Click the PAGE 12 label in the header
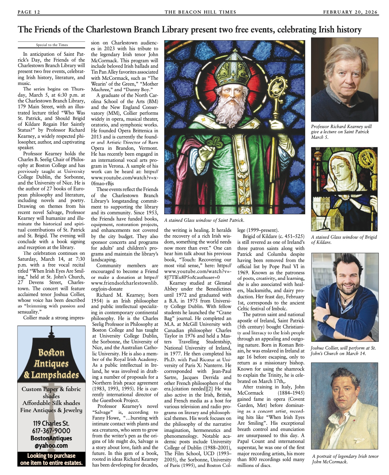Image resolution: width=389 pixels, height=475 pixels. point(29,12)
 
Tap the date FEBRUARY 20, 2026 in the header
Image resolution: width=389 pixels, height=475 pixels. point(350,12)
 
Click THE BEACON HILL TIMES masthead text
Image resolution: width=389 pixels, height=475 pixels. point(200,12)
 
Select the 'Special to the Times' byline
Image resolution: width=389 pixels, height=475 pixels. point(52,45)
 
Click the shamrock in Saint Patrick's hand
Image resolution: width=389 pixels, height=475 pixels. point(211,142)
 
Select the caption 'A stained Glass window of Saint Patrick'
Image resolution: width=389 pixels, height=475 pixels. point(204,220)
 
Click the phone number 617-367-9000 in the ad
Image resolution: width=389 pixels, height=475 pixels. point(51,431)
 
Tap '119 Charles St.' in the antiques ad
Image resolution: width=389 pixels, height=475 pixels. point(51,423)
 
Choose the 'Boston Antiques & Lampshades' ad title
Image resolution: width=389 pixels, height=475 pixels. point(51,364)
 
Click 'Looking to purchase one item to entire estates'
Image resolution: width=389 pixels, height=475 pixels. point(51,459)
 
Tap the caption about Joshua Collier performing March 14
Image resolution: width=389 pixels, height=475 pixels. point(343,350)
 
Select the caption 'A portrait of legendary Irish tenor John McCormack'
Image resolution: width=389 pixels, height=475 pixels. point(345,459)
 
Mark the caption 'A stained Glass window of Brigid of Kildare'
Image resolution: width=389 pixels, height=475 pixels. point(344,240)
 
